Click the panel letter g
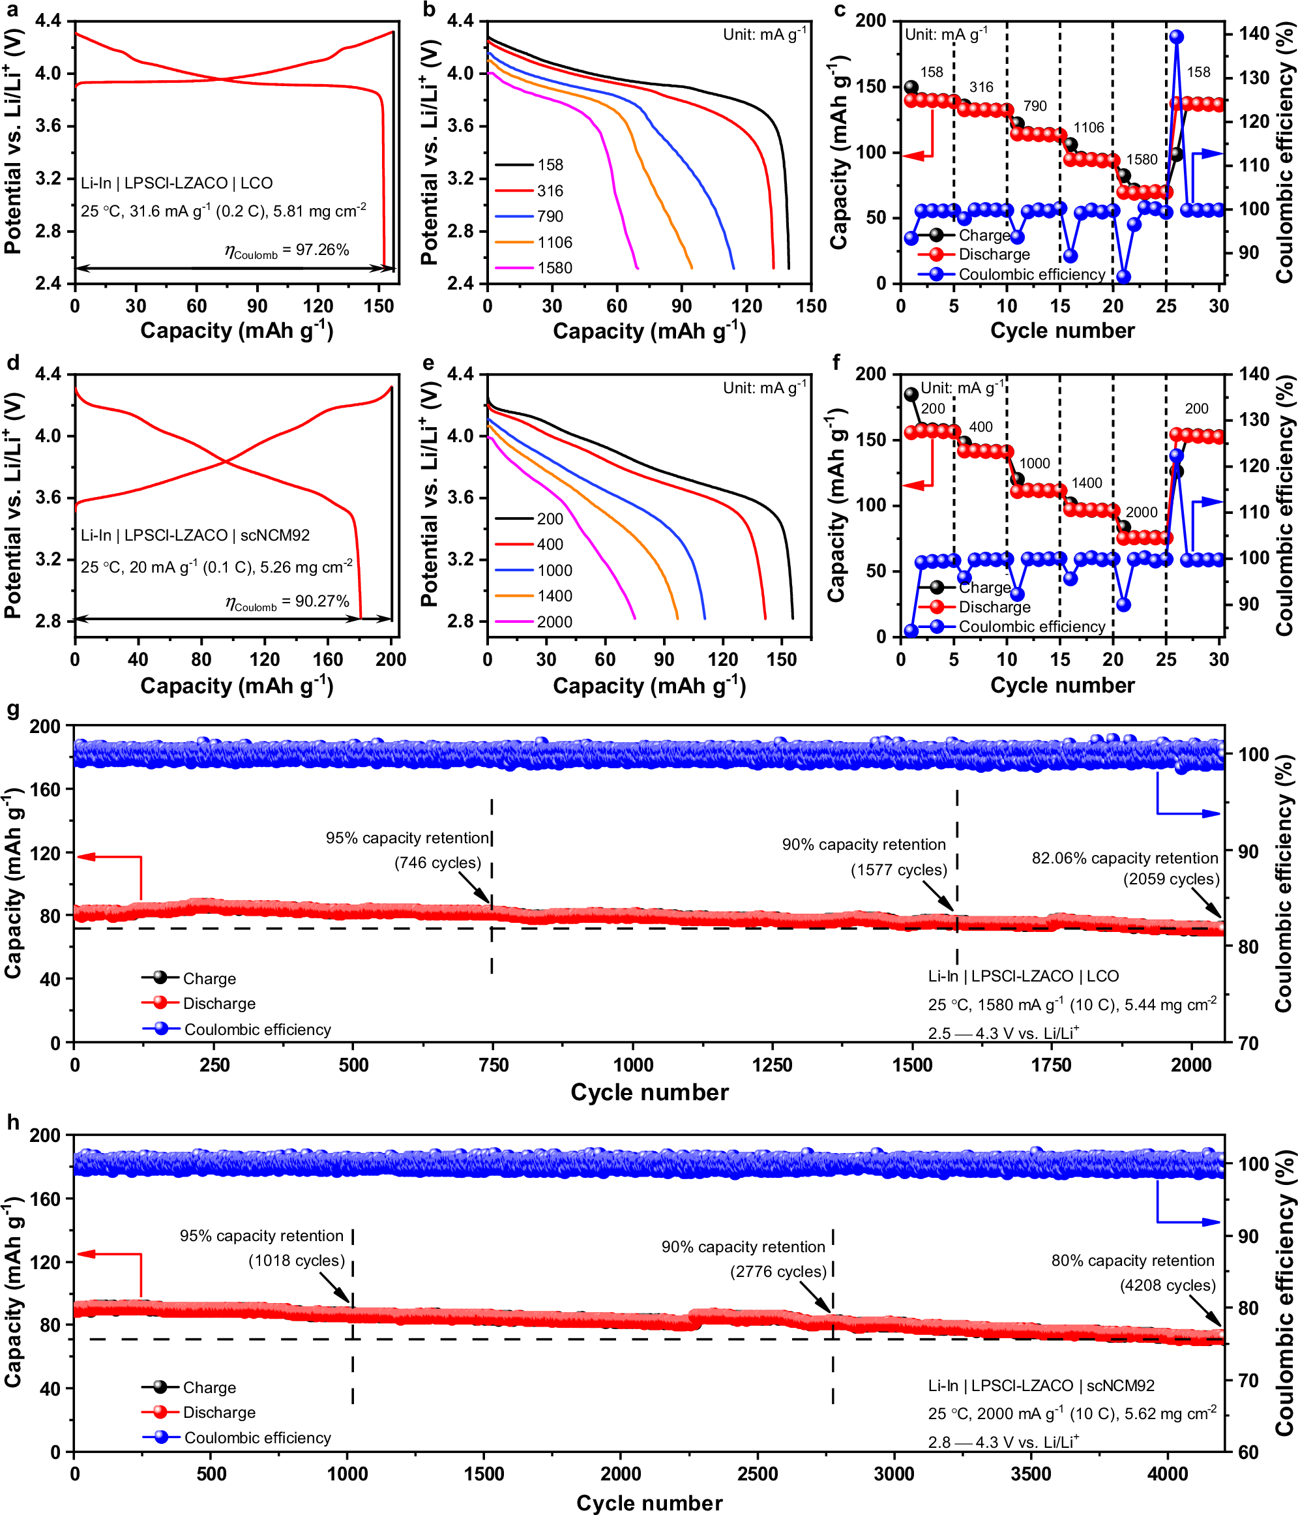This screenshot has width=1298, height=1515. click(x=12, y=712)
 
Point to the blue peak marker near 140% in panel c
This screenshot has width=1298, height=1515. click(x=1177, y=37)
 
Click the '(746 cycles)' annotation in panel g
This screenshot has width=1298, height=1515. click(x=438, y=863)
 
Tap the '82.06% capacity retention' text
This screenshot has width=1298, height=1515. click(x=1124, y=858)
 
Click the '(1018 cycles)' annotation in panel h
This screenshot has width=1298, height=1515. click(x=297, y=1261)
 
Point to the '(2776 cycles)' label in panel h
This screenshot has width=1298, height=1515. click(x=778, y=1272)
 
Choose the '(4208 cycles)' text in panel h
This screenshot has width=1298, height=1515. click(x=1167, y=1286)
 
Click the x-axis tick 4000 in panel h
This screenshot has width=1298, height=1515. click(x=1168, y=1473)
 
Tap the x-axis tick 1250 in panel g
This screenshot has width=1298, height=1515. click(x=772, y=1065)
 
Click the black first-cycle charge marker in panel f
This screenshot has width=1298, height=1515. click(x=911, y=395)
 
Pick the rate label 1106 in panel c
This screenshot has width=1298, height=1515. click(x=1088, y=128)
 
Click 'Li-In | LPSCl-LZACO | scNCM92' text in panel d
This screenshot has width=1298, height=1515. click(x=195, y=536)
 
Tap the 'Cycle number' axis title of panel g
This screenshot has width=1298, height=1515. click(x=649, y=1092)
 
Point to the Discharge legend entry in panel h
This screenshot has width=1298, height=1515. click(x=218, y=1413)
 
